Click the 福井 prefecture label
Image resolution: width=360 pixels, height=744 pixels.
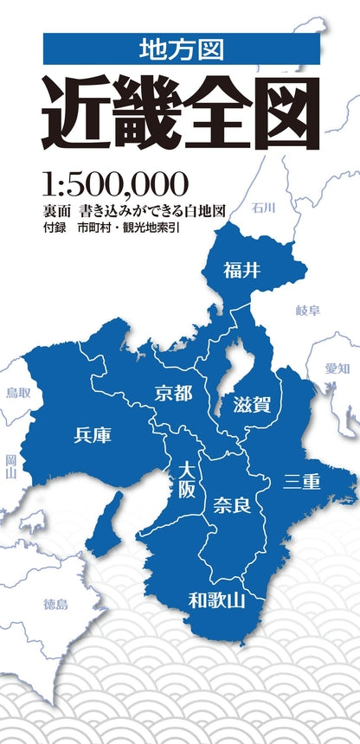coord(241,270)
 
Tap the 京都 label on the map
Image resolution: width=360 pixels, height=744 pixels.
coord(174,394)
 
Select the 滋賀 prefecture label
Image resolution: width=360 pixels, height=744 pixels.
coord(252,403)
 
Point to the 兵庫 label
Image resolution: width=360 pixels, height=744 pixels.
coord(93,434)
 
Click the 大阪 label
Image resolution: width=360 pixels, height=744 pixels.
coord(187,478)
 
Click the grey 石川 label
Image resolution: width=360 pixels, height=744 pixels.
coord(264,208)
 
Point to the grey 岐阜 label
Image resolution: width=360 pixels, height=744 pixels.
coord(307,309)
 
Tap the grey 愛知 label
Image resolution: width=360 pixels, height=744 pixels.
coord(337,368)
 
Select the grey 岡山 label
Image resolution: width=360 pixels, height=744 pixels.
coord(10,467)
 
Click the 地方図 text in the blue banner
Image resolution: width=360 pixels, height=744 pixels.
coord(181,49)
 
